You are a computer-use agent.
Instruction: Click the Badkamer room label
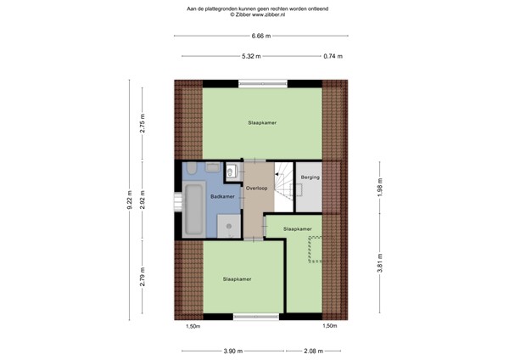(199, 196)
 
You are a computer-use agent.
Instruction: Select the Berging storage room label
(310, 177)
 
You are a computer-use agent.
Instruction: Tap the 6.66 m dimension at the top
(261, 36)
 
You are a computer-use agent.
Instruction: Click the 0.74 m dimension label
(333, 56)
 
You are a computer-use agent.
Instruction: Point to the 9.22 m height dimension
(129, 199)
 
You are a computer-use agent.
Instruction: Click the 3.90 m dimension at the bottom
(231, 350)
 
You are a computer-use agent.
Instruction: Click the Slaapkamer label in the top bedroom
(262, 122)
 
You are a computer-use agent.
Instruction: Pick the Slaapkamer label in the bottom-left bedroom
(237, 278)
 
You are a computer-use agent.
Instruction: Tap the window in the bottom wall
(257, 316)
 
